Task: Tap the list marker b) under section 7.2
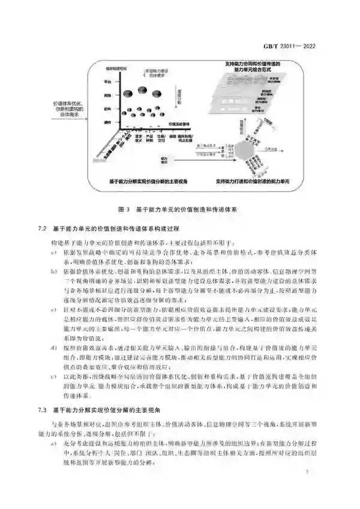52,271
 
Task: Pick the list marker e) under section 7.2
52,376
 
